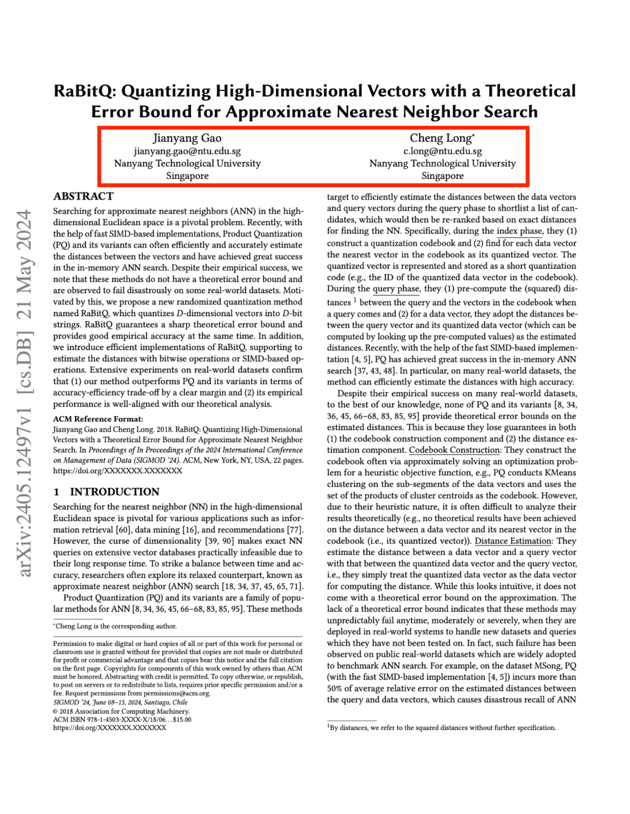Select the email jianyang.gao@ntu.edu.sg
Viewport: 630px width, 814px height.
tap(187, 151)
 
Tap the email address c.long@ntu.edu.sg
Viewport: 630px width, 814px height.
tap(442, 151)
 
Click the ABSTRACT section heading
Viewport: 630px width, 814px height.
tap(83, 196)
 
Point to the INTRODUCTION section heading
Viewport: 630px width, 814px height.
tap(114, 492)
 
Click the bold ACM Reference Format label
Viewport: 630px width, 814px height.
tap(98, 419)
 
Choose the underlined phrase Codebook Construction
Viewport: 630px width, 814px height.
tap(454, 450)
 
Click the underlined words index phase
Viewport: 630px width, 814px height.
tap(519, 231)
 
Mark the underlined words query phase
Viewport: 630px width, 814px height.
tap(396, 288)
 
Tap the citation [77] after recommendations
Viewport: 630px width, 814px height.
tap(293, 530)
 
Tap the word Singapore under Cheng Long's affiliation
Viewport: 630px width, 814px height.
tap(442, 176)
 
